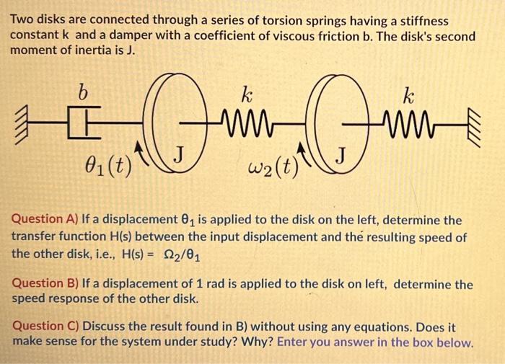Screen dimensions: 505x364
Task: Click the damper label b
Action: pyautogui.click(x=83, y=93)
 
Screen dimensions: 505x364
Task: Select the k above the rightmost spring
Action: pyautogui.click(x=408, y=95)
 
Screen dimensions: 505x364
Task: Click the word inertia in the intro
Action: pyautogui.click(x=103, y=50)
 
